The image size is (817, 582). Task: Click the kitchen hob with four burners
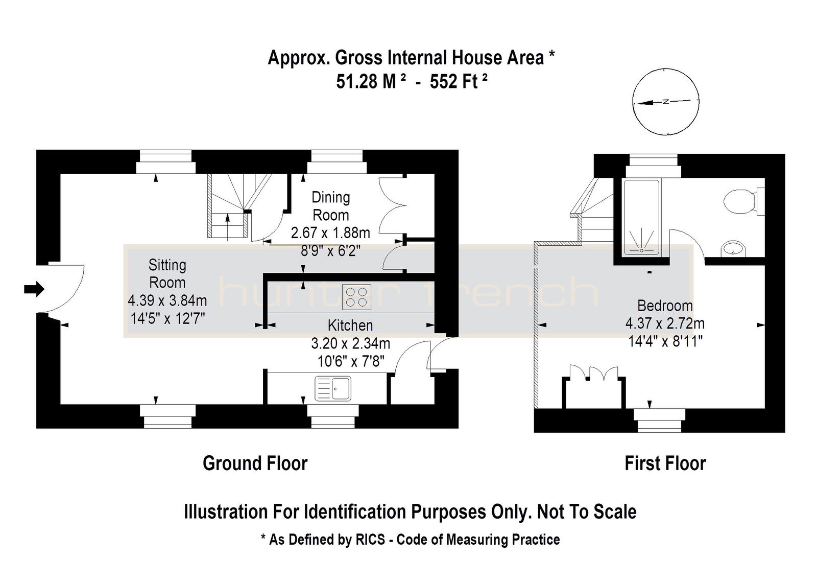click(356, 297)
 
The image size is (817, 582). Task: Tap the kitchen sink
click(332, 388)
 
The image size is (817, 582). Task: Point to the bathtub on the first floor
click(641, 217)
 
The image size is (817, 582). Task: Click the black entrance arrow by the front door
click(34, 290)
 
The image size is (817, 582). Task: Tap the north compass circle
click(666, 102)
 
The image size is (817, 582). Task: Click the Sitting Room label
click(167, 274)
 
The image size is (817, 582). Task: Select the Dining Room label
click(331, 206)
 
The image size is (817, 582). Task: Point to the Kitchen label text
click(350, 325)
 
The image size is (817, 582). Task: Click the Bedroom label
click(665, 306)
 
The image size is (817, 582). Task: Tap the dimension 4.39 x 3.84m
click(167, 300)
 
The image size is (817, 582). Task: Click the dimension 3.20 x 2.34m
click(350, 343)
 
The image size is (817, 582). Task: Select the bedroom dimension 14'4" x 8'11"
click(665, 341)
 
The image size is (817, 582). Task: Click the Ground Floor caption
click(255, 463)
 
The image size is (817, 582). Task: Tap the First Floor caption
click(665, 463)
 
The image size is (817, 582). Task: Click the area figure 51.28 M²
click(371, 81)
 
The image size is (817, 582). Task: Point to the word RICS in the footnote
click(370, 539)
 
